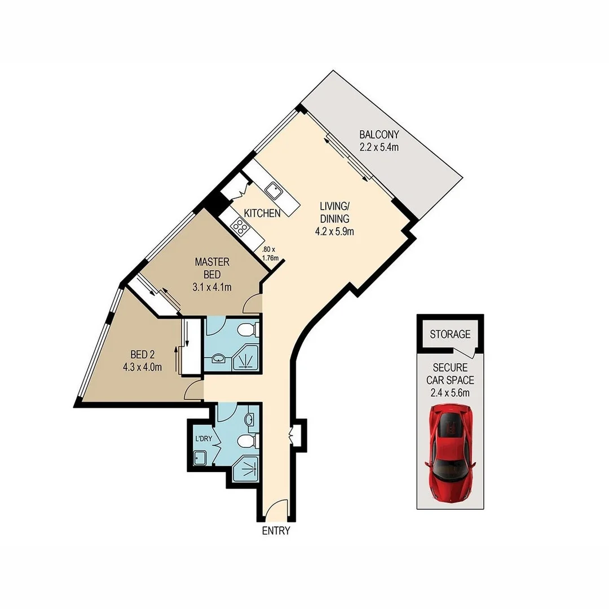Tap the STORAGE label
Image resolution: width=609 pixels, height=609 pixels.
coord(450,334)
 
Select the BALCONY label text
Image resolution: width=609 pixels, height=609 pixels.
coord(379,135)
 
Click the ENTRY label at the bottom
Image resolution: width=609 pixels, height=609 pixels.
coord(276,531)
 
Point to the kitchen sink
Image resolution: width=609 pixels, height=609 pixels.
coord(274,191)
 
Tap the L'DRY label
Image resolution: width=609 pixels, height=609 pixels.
coord(204,439)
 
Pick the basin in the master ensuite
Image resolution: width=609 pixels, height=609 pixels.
coord(219,358)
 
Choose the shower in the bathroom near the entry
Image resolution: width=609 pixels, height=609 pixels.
coord(245,469)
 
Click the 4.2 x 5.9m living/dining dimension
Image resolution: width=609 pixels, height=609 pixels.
coord(334,232)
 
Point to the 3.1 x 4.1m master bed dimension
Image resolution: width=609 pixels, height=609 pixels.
coord(212,288)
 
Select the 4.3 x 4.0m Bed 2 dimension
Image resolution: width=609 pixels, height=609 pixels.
coord(142,367)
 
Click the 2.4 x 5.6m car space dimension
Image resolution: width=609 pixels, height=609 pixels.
coord(450,392)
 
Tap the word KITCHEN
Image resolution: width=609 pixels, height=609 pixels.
coord(262,213)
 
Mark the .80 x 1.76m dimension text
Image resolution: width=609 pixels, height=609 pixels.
coord(270,253)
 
